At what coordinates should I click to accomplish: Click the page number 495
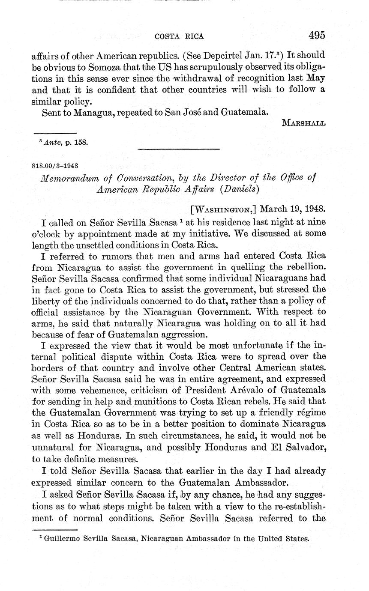[x=316, y=35]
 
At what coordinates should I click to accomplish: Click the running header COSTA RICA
[x=179, y=36]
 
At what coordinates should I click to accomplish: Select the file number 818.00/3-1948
[x=54, y=164]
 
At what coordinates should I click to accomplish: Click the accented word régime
[x=309, y=413]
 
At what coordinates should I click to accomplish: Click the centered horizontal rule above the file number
[x=178, y=149]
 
